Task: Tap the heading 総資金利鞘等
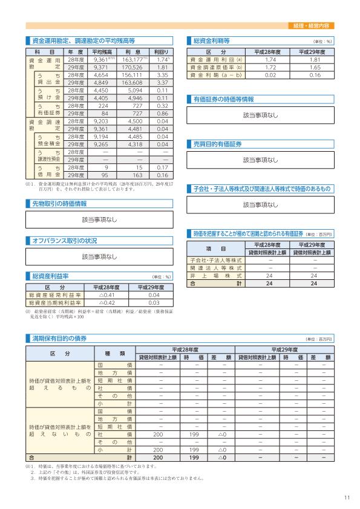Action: [x=211, y=41]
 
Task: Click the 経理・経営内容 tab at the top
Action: [x=314, y=26]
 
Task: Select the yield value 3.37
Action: [x=162, y=82]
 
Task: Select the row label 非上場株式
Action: [x=216, y=259]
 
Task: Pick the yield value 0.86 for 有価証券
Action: [x=162, y=113]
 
